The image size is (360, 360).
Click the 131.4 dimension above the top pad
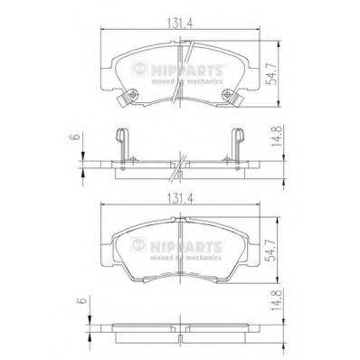180,24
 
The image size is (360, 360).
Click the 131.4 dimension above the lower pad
180,199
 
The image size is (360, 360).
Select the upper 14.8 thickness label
277,136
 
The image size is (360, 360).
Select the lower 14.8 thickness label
277,300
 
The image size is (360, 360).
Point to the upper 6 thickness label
75,137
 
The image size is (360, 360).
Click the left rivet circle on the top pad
133,95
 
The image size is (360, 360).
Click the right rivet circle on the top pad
227,95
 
